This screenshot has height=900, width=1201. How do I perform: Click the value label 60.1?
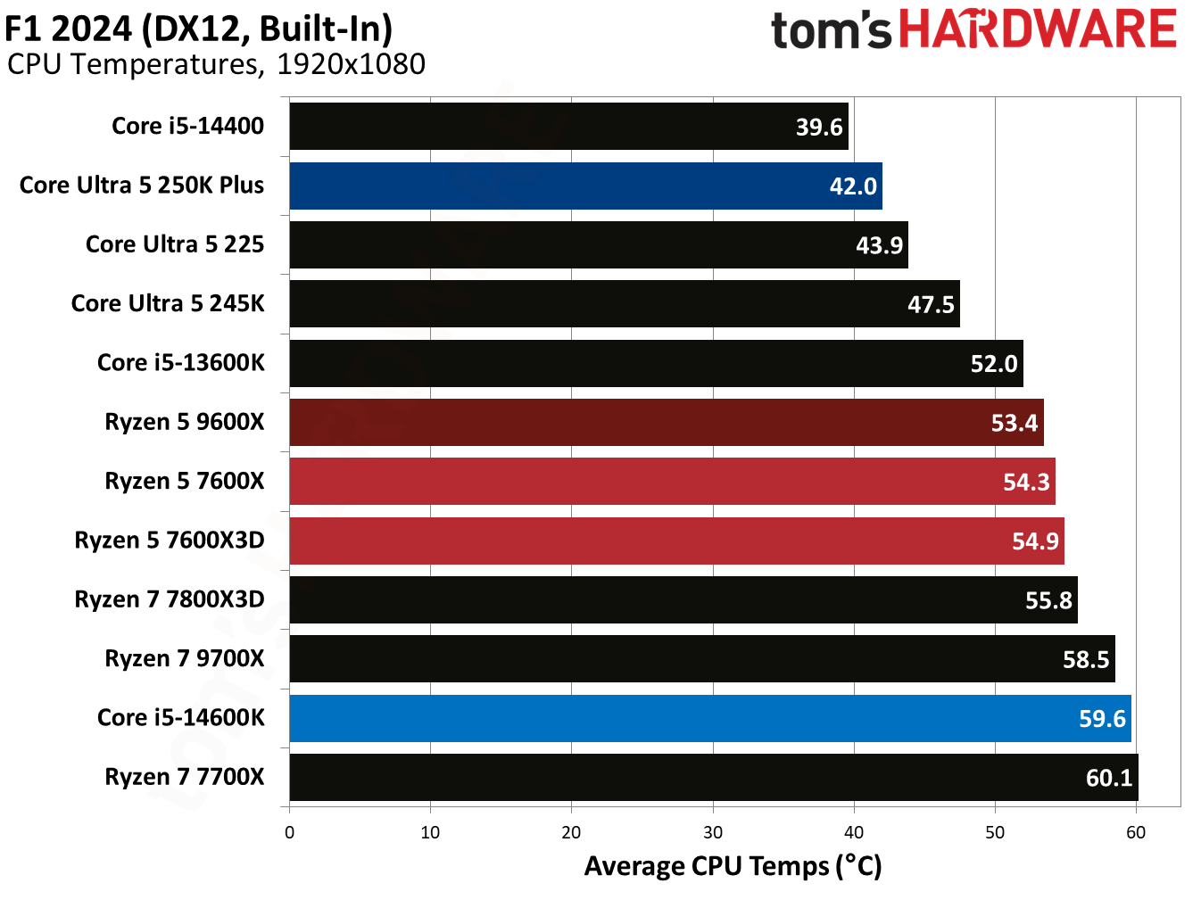[x=1108, y=778]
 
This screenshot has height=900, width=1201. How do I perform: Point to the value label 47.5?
[x=931, y=305]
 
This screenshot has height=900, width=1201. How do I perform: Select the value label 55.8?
[x=1048, y=600]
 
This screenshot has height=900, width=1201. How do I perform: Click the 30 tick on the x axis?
[x=713, y=833]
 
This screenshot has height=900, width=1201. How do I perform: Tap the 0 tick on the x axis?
[x=289, y=833]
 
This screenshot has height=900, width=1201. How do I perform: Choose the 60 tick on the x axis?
[x=1136, y=833]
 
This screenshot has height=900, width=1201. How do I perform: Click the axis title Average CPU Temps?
[x=733, y=866]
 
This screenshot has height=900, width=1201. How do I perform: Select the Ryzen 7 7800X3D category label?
[x=170, y=599]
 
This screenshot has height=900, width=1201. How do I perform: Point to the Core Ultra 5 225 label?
[x=175, y=244]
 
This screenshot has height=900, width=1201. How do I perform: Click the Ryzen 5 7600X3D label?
[x=170, y=541]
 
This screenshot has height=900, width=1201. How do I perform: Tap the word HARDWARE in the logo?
[x=1038, y=29]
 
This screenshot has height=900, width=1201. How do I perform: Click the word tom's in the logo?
[x=831, y=31]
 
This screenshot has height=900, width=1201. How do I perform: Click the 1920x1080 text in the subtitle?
[x=351, y=64]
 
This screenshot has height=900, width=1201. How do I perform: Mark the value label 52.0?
[x=994, y=364]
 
